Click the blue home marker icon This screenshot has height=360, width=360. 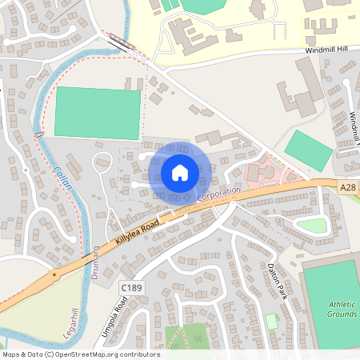click(180, 172)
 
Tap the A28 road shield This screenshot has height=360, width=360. click(346, 187)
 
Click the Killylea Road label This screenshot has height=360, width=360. click(138, 230)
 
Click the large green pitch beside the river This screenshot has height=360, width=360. click(98, 112)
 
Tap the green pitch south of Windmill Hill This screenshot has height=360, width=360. click(308, 150)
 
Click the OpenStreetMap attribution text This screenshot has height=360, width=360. click(80, 354)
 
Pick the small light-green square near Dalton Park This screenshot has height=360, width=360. click(271, 320)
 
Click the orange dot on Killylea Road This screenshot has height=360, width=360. click(54, 274)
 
